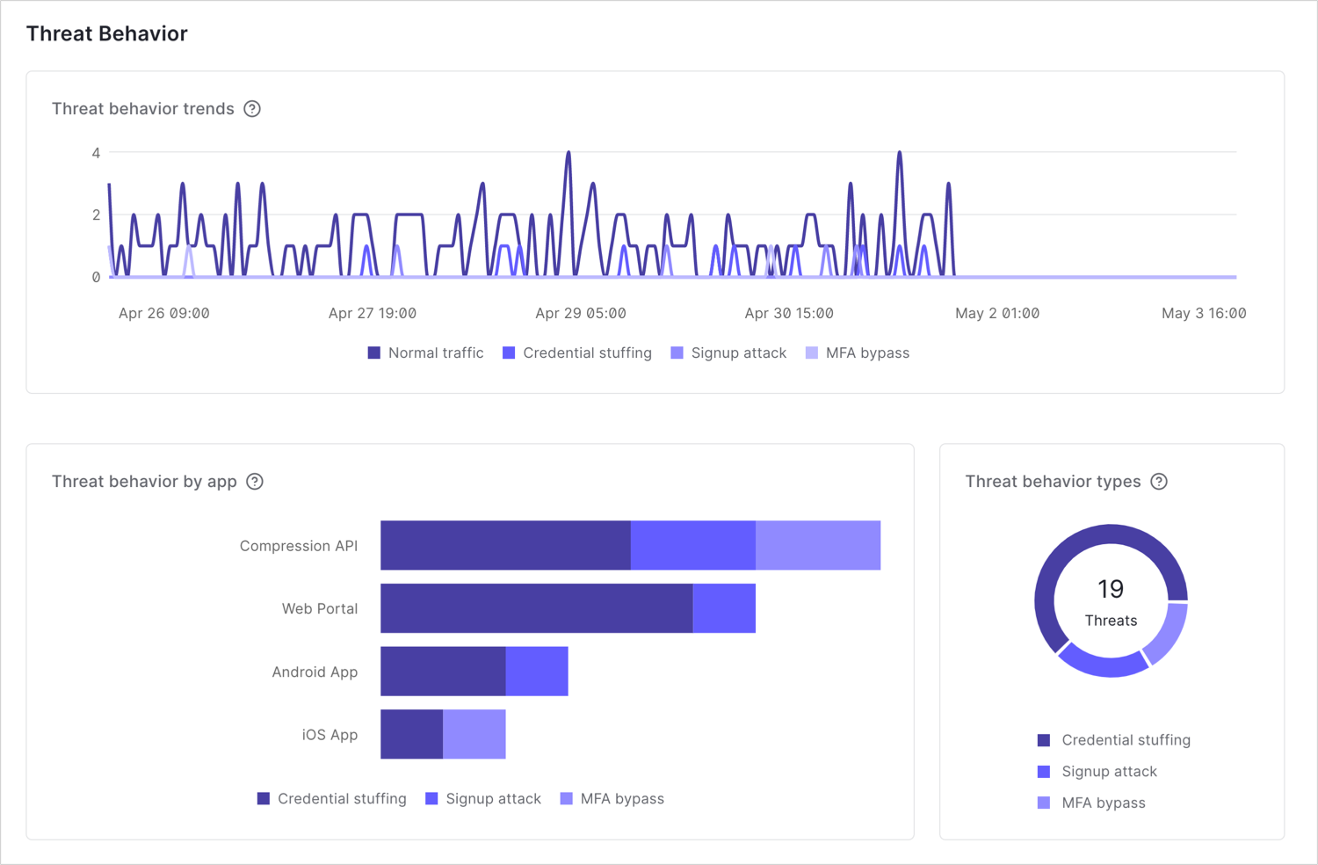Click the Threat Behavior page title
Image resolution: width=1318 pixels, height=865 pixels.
pos(107,33)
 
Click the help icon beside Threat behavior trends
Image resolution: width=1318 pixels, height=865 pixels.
pos(252,109)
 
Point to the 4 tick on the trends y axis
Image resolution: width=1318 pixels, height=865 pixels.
pos(96,153)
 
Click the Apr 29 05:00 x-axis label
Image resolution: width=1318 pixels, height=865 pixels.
pos(580,313)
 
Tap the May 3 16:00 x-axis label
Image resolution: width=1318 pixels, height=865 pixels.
pos(1203,313)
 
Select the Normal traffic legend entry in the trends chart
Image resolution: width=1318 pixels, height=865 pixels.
pos(426,353)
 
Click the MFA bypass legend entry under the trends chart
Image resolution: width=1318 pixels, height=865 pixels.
pos(858,353)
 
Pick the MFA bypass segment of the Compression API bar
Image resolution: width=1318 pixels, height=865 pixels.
pos(818,545)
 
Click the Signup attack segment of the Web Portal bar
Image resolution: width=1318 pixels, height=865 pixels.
pos(724,608)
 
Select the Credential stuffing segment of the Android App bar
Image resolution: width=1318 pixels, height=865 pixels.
pos(443,672)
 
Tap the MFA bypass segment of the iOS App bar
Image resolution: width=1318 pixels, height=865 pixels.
pos(474,734)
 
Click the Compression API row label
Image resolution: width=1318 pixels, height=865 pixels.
pos(299,546)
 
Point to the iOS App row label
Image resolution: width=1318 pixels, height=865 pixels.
pos(329,735)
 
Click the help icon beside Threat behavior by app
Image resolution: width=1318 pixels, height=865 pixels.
pos(255,482)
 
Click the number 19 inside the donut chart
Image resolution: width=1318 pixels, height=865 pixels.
pos(1111,589)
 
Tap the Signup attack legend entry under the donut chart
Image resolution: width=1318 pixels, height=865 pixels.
pos(1098,772)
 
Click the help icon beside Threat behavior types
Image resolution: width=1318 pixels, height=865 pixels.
pos(1159,482)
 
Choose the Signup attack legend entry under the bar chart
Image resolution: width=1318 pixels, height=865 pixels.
pos(483,799)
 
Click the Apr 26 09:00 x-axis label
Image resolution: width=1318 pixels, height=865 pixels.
pos(164,313)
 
